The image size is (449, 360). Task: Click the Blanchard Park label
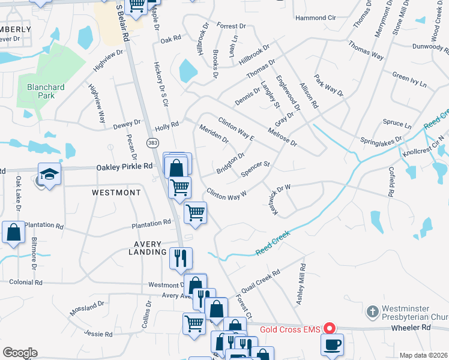(46, 91)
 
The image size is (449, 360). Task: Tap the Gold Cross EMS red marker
(329, 328)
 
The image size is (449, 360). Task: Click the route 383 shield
(153, 142)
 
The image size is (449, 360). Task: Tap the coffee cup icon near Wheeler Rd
(333, 344)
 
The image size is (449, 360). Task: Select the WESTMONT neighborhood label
(116, 193)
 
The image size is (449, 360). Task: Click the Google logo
(20, 352)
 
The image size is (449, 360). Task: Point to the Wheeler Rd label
(411, 328)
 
